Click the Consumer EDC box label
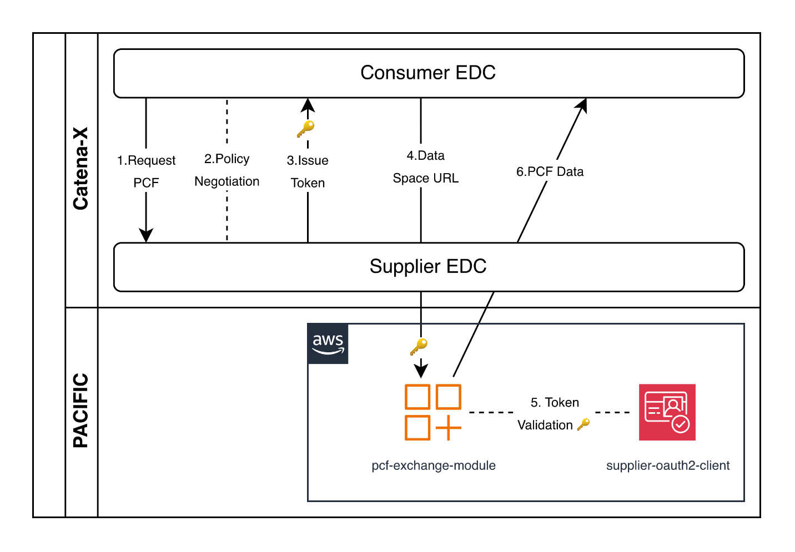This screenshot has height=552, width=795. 427,73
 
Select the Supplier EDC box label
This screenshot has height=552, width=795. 427,266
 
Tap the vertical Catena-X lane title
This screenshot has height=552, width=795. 81,169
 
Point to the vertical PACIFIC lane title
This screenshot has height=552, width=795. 81,410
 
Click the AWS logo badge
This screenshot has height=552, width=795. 328,344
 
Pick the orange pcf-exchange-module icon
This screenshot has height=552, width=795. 433,412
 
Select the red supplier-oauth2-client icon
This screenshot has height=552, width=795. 667,412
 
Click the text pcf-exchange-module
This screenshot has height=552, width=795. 433,465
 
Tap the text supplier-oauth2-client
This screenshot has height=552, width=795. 667,465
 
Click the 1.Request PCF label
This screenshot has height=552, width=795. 146,171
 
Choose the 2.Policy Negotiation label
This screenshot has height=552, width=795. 227,170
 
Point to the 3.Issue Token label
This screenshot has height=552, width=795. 308,171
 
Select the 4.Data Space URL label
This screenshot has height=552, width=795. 425,167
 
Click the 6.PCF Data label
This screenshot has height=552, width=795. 550,172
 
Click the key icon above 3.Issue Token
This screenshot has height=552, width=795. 305,129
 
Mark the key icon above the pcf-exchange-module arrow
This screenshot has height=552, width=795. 419,347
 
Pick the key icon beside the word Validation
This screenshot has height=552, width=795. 583,425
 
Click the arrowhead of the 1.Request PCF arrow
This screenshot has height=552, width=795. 146,235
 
